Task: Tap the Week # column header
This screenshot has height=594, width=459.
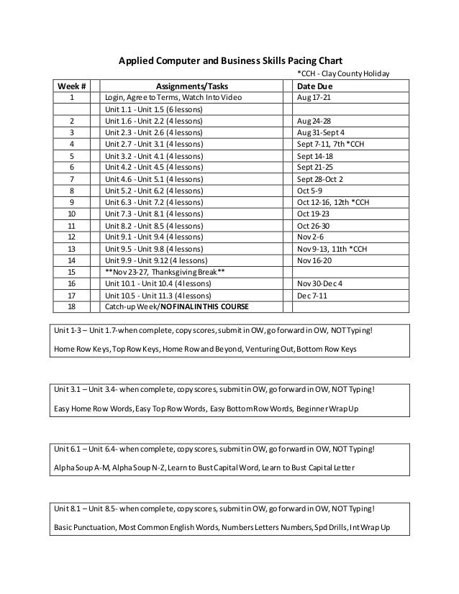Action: [71, 87]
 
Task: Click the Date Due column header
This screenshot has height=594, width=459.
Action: [315, 87]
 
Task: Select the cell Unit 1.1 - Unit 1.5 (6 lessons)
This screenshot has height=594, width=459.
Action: [154, 109]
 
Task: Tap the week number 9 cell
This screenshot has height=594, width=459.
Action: [71, 203]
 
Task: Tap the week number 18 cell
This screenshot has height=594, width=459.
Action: [71, 307]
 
